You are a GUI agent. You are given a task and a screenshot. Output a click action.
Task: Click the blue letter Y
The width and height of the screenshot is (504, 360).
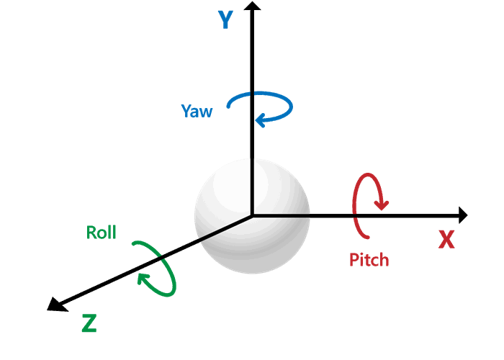[x=225, y=19]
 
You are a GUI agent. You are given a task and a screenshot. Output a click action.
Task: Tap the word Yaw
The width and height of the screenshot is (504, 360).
[x=197, y=112]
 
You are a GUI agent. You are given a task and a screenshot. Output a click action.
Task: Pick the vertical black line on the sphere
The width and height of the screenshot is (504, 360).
[x=252, y=184]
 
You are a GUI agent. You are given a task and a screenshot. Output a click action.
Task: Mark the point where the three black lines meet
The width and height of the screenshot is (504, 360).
[x=252, y=215]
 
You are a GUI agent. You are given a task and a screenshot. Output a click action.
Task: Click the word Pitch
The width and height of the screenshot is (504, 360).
[x=369, y=260]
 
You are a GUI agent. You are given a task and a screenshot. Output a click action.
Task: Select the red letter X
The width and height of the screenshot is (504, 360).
[x=446, y=239]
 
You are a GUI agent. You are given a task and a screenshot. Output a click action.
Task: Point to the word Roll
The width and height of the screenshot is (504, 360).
[x=102, y=233]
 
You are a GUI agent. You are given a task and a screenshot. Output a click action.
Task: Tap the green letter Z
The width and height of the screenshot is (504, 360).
[x=89, y=323]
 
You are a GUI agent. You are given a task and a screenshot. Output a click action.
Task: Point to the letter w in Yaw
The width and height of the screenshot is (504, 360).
[x=206, y=112]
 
